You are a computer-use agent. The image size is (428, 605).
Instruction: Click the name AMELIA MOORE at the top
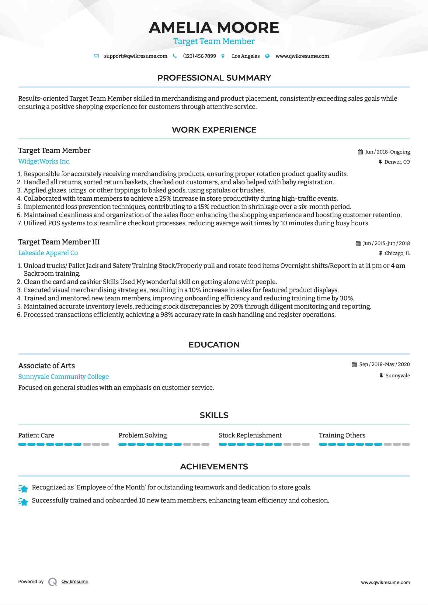[214, 28]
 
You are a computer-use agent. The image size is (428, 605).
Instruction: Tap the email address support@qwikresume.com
[135, 56]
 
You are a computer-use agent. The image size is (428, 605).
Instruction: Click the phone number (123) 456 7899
[199, 56]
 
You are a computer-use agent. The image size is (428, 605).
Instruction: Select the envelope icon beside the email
[96, 56]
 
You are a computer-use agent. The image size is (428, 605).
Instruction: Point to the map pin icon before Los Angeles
[223, 56]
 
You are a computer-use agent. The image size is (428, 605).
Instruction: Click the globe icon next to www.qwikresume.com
[267, 56]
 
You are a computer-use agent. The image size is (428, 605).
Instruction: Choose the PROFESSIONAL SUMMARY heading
[214, 78]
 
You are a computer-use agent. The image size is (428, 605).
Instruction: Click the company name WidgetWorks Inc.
[44, 161]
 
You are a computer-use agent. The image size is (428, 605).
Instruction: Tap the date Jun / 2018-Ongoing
[387, 152]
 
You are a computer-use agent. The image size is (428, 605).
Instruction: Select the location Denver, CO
[397, 162]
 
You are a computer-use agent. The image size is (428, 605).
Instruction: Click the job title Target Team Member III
[59, 242]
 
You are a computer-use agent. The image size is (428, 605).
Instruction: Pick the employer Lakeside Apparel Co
[48, 253]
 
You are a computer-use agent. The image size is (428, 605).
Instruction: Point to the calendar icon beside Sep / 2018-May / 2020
[354, 364]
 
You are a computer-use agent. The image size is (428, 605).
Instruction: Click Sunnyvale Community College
[63, 377]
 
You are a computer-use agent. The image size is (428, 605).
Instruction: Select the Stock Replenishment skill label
[250, 435]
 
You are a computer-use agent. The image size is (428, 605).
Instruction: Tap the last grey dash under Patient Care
[105, 444]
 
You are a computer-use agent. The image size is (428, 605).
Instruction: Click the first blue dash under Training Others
[323, 444]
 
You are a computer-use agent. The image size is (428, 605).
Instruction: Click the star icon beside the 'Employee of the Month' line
[23, 488]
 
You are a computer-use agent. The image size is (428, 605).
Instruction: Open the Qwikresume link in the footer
[75, 582]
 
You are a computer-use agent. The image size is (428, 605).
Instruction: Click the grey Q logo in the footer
[53, 582]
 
